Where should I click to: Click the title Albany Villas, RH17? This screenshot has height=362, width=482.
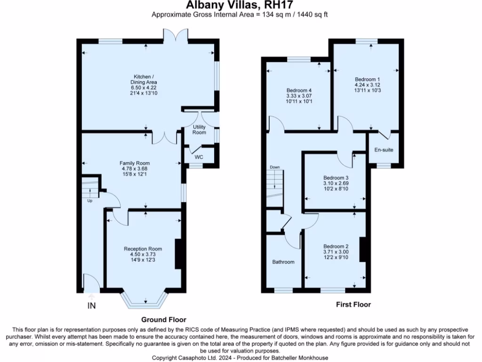(x=240, y=5)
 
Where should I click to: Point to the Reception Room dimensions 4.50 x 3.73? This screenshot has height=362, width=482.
(x=143, y=255)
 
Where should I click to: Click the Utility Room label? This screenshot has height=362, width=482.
(x=199, y=130)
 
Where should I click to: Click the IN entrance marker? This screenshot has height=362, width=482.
(x=91, y=306)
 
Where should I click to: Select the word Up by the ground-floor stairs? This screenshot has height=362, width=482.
(x=89, y=201)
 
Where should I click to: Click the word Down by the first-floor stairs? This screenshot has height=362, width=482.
(x=274, y=167)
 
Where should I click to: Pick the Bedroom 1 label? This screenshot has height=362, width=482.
(x=367, y=79)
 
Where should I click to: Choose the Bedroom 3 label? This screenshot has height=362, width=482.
(x=336, y=177)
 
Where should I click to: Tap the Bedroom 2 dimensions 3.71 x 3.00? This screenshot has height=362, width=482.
(x=336, y=252)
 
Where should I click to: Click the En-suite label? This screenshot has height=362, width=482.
(x=384, y=150)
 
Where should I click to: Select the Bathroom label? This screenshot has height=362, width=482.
(x=283, y=262)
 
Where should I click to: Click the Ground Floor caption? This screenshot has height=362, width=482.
(x=164, y=320)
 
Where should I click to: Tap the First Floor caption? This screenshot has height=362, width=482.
(x=353, y=304)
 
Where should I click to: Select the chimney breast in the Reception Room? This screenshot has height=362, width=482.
(x=179, y=254)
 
